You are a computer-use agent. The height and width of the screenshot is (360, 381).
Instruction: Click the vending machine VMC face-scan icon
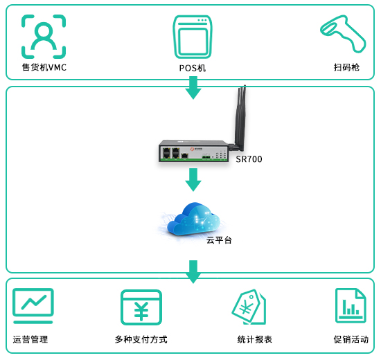44,37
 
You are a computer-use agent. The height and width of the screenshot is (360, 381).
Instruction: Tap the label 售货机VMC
44,67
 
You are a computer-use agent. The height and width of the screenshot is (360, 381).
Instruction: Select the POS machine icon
193,37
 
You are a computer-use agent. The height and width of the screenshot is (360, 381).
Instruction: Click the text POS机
193,69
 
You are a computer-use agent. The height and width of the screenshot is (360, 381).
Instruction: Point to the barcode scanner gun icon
343,33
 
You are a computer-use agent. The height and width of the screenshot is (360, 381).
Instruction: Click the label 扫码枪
346,67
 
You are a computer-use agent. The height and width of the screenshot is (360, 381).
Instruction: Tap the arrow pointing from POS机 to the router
193,88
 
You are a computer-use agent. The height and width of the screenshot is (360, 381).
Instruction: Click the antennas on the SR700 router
241,116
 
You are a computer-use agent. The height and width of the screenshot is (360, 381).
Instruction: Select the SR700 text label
249,159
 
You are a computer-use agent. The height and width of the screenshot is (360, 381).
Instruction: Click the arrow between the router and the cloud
193,180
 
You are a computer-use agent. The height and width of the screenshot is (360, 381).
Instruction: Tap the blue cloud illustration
194,219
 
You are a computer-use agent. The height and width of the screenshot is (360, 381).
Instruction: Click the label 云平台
219,240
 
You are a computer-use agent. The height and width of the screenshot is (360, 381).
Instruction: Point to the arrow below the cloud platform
193,272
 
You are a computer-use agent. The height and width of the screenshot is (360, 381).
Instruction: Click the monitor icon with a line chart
33,306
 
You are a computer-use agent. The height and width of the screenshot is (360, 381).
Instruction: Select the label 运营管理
30,339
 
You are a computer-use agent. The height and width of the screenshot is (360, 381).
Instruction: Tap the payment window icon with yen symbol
141,307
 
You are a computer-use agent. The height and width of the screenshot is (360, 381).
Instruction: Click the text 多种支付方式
141,339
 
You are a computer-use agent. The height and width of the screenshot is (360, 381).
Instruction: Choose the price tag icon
249,307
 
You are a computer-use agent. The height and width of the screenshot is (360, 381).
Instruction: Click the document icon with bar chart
351,305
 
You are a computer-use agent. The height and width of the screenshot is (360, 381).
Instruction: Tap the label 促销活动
351,339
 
